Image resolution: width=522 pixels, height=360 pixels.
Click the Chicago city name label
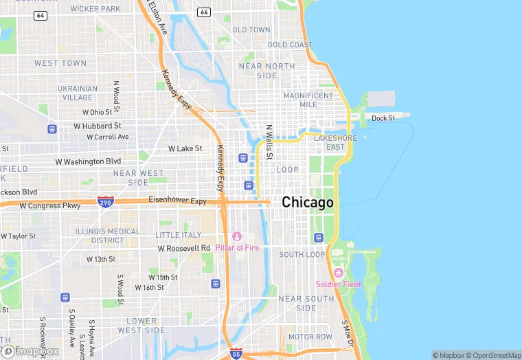[308, 203]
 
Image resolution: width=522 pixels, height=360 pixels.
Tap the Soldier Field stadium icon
[338, 273]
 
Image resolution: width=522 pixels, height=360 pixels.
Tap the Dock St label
[383, 118]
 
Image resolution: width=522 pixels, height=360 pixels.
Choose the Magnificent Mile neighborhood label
[309, 100]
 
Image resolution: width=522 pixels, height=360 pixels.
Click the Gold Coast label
[290, 45]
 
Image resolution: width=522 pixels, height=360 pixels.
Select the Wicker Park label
[95, 9]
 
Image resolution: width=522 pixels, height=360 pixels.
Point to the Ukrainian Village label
[78, 93]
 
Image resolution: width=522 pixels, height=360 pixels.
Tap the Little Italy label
[179, 235]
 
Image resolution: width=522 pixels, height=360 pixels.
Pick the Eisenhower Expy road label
[177, 201]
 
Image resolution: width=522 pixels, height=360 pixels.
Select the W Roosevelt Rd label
[183, 248]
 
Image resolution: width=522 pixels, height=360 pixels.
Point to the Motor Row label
[310, 337]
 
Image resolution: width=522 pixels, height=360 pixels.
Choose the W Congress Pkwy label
[50, 205]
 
